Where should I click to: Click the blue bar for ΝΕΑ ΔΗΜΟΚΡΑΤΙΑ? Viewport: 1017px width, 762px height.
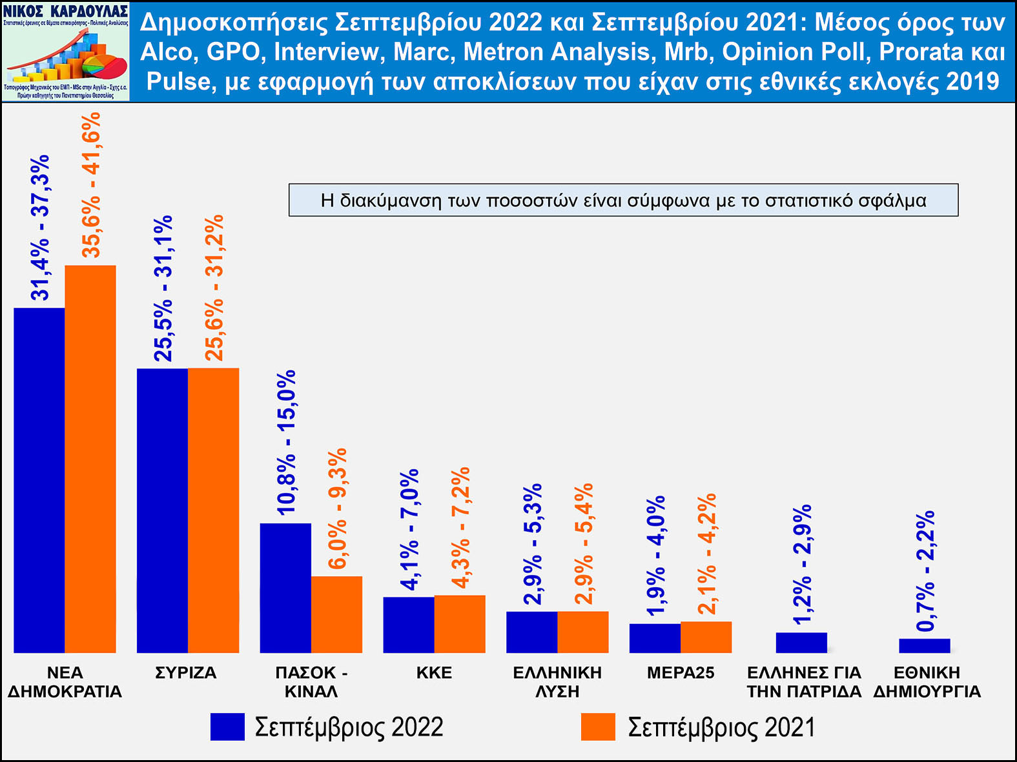39,480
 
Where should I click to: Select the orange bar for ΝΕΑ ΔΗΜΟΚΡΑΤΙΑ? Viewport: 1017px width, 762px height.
90,459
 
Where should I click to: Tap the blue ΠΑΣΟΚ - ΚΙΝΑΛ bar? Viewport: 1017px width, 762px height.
285,588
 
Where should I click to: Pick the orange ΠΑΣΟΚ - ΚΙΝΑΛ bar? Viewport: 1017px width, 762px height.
336,614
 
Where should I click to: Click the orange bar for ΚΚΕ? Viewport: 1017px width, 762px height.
460,624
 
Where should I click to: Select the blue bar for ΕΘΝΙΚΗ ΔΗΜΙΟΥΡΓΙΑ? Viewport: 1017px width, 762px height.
924,645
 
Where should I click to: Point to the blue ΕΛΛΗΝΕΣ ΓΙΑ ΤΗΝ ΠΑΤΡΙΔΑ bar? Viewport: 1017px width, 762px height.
801,643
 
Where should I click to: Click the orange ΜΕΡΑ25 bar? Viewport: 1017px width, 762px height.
706,637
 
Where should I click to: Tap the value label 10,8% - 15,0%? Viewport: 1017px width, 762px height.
286,442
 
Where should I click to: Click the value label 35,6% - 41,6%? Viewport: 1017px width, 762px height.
92,185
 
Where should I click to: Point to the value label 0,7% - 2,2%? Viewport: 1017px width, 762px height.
925,571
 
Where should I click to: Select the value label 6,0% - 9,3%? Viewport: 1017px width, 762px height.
337,508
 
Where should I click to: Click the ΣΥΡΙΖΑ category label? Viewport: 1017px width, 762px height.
186,673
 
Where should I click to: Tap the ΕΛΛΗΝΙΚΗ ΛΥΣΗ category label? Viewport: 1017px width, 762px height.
557,682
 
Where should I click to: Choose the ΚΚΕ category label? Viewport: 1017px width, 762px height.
434,673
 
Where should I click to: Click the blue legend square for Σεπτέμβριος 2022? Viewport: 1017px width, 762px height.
227,727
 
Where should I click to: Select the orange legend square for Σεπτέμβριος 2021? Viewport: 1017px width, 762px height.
598,727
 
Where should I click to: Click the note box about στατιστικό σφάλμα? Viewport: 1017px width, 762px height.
623,200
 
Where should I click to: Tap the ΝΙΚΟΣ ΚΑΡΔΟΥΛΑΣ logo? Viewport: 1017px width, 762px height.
66,52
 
